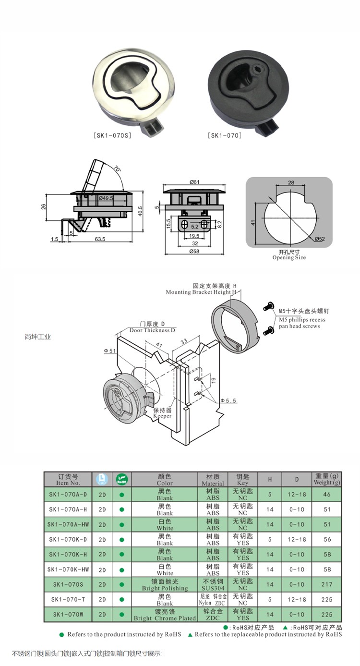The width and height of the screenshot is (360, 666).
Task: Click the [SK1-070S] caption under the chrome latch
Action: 112,136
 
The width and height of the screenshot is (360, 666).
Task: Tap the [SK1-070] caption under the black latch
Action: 225,136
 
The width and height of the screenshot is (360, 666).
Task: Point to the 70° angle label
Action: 118,170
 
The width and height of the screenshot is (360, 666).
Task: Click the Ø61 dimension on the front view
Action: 194,182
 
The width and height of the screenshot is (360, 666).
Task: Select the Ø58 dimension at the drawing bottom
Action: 194,252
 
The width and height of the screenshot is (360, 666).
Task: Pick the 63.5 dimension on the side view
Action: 100,238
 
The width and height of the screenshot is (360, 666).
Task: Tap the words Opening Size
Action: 289,257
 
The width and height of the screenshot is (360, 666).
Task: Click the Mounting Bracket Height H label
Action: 201,292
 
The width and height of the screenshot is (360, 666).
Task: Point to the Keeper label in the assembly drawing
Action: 162,416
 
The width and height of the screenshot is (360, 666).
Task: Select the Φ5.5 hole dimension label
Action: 228,400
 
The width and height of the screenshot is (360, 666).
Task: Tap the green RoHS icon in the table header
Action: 121,479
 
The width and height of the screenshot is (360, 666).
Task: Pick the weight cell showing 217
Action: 327,584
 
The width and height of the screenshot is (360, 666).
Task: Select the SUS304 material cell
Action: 213,588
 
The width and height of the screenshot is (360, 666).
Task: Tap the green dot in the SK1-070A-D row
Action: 121,494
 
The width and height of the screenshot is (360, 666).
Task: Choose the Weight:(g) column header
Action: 327,479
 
